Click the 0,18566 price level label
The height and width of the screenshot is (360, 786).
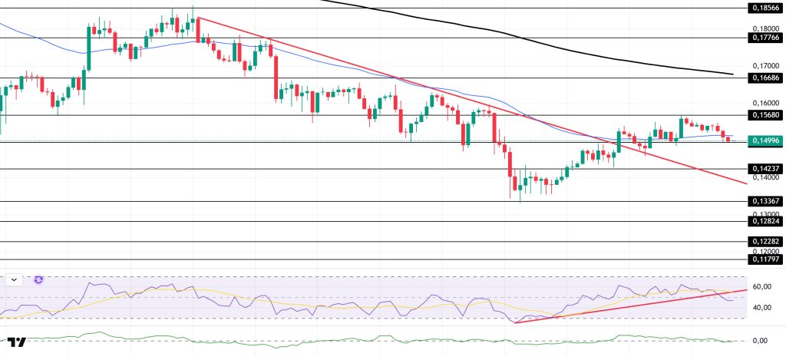pos(765,8)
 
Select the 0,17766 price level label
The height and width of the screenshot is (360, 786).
pos(765,37)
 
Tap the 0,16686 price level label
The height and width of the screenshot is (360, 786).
pos(765,78)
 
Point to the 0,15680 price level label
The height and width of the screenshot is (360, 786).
pos(765,115)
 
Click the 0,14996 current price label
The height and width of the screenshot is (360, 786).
pos(765,140)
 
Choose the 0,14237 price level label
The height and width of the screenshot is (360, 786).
pos(765,169)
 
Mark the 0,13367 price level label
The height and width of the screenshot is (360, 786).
pos(765,201)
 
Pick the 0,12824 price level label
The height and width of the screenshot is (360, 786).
pos(765,221)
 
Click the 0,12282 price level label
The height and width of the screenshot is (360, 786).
pos(765,241)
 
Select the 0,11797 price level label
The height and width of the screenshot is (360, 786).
pos(765,259)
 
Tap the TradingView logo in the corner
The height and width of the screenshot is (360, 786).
pos(17,342)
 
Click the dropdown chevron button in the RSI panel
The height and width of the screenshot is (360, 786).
pos(14,280)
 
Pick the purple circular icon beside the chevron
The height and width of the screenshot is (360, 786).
pos(39,280)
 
